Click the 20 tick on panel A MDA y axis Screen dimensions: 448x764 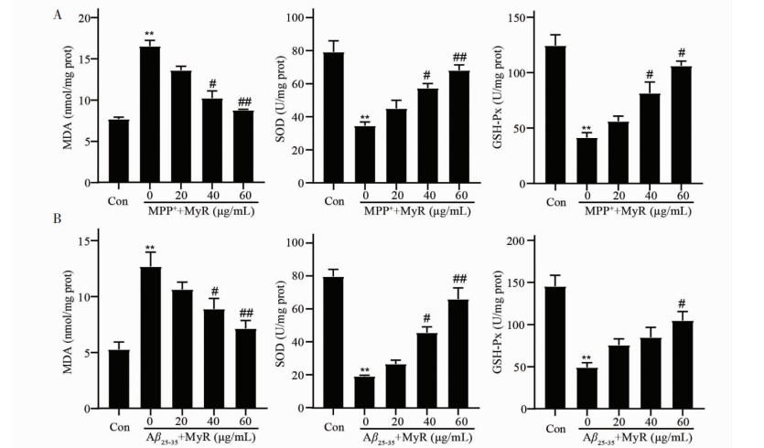83,18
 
